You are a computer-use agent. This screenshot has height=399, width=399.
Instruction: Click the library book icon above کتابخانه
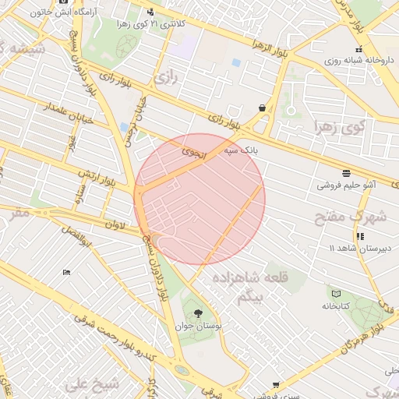pos(336,294)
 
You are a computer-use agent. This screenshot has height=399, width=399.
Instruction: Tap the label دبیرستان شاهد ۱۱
pos(358,248)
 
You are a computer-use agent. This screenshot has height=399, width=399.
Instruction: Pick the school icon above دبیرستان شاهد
pos(359,236)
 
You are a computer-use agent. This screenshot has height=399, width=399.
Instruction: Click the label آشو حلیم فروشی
pos(347,185)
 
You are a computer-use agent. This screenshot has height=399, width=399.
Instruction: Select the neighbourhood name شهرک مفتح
pos(351,216)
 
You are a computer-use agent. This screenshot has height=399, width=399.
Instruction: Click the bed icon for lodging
pos(66,272)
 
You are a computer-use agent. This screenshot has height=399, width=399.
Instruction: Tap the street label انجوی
pos(192,152)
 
